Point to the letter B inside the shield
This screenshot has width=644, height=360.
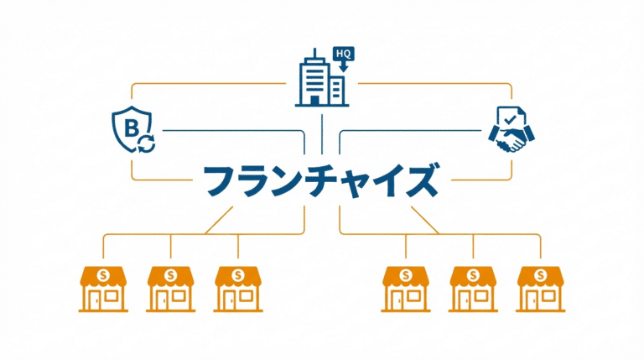130,127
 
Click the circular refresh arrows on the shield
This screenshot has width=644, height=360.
147,146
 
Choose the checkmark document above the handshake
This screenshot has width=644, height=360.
508,119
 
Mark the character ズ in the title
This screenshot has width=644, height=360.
420,180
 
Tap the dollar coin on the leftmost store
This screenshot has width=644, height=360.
103,274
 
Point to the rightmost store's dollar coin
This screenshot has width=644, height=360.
540,274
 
